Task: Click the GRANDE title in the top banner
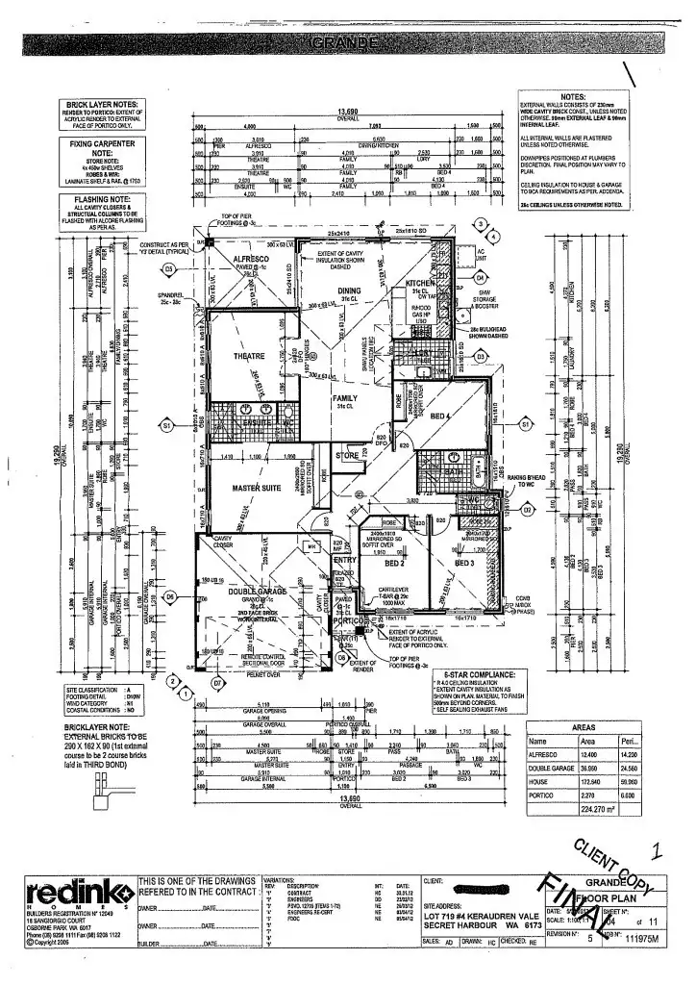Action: pyautogui.click(x=347, y=44)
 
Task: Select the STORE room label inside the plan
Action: pyautogui.click(x=346, y=456)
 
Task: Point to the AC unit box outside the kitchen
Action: pyautogui.click(x=482, y=253)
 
